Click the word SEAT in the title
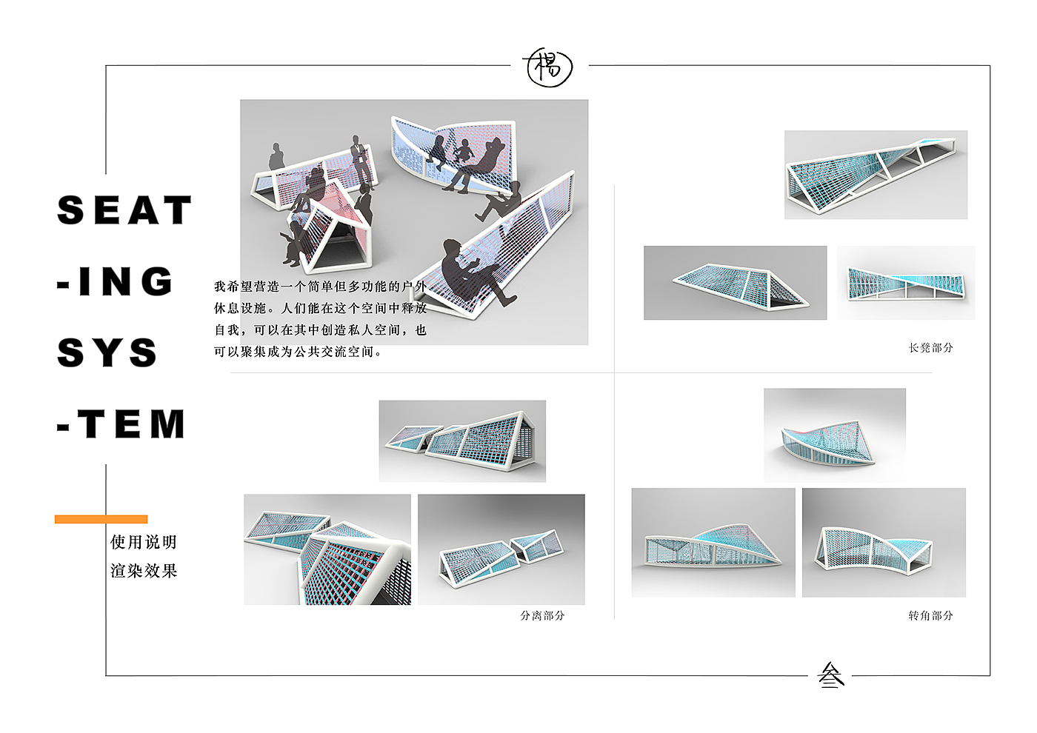(x=124, y=210)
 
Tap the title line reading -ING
(x=115, y=281)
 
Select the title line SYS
(x=107, y=352)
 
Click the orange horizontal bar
(x=101, y=519)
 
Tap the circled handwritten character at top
(x=549, y=67)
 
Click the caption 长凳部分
(x=930, y=347)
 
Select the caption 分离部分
(x=542, y=615)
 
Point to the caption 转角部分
(x=930, y=615)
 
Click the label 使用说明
(x=144, y=542)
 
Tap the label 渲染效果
(x=144, y=571)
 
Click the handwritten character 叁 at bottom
(x=831, y=675)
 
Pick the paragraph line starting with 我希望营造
(x=320, y=287)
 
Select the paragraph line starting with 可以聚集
(x=298, y=352)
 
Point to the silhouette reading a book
(x=293, y=244)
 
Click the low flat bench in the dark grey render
(x=741, y=286)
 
